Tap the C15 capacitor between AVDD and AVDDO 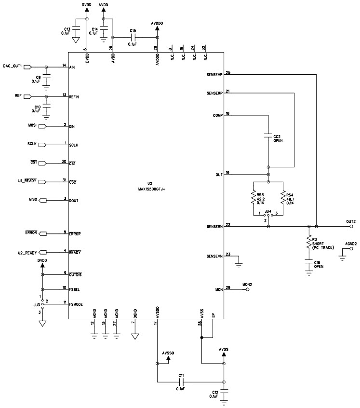(x=133, y=37)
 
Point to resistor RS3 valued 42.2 (x=253, y=198)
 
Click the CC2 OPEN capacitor (x=268, y=137)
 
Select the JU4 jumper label (x=268, y=211)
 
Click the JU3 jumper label (x=36, y=305)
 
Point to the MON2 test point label (x=248, y=285)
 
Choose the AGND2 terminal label (x=350, y=244)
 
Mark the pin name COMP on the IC (x=217, y=116)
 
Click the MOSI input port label (x=32, y=126)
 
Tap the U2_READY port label (x=27, y=252)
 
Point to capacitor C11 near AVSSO (x=181, y=382)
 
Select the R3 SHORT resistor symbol (x=308, y=243)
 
